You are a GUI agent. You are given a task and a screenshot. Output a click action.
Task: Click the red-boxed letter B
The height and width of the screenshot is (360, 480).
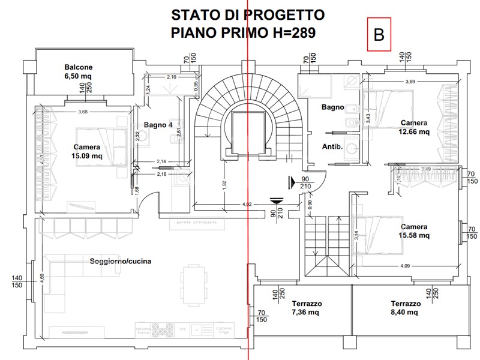pos(379,35)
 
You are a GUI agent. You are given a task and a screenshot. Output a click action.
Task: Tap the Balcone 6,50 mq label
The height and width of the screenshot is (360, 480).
pos(79,72)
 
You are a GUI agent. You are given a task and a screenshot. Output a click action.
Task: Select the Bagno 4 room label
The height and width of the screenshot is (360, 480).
pos(158,125)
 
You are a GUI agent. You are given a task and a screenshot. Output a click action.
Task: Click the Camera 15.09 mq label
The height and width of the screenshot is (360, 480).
pos(88,152)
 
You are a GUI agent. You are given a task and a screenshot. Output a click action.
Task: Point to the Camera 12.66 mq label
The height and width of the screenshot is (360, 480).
pos(415,127)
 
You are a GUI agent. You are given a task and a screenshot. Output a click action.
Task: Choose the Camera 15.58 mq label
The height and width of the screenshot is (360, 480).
pos(415,231)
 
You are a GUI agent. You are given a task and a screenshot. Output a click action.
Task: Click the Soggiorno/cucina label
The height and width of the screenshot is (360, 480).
pos(120,261)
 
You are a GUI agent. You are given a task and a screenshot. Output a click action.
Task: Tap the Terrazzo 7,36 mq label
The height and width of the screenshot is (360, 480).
pos(307,308)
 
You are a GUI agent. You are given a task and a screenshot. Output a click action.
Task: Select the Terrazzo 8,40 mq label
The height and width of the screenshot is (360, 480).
pos(404,308)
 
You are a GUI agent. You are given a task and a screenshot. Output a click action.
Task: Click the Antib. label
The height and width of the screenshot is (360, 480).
pos(332,146)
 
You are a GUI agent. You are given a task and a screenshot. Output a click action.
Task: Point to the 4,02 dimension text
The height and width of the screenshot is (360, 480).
pos(247,204)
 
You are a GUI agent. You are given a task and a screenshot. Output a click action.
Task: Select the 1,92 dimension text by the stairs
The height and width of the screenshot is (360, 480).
pos(223,185)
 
